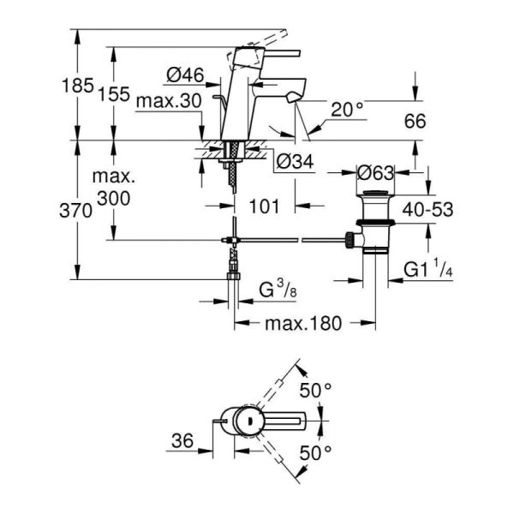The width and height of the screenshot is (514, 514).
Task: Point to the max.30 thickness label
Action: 169,100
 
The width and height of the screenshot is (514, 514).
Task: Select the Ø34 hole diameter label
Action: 293,159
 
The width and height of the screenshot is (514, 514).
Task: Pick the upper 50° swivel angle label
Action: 315,390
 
